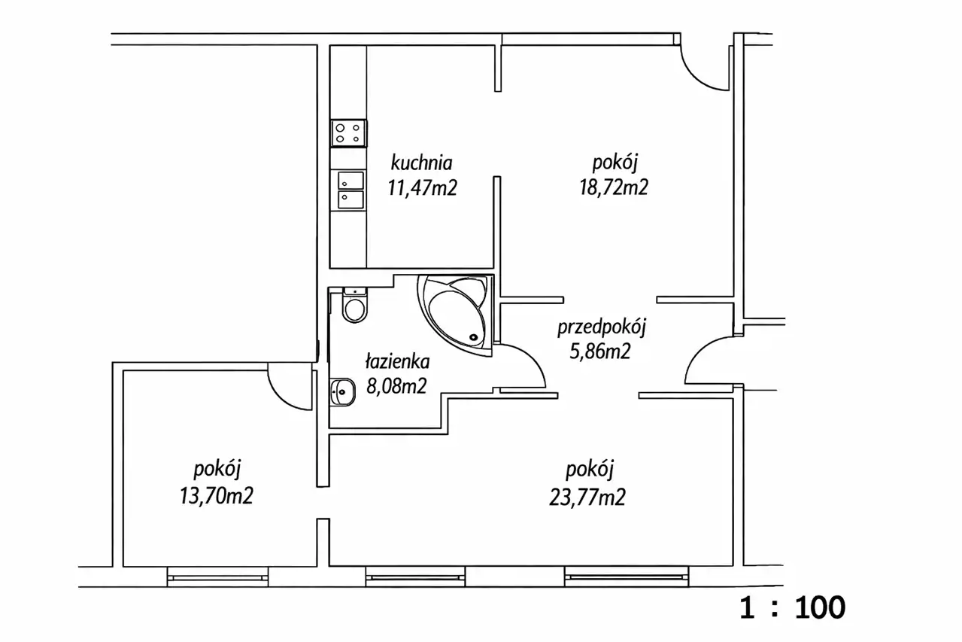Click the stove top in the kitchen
348,133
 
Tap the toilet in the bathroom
355,305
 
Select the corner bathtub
456,315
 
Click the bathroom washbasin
343,392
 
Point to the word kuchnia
421,163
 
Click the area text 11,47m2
422,188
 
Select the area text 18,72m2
614,187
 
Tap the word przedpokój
602,327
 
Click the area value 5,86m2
600,351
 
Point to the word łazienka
397,361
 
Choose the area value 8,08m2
396,386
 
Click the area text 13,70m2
217,495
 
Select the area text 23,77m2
587,497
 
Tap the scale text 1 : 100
792,607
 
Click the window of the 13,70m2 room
217,577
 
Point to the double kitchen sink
351,190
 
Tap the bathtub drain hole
473,337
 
